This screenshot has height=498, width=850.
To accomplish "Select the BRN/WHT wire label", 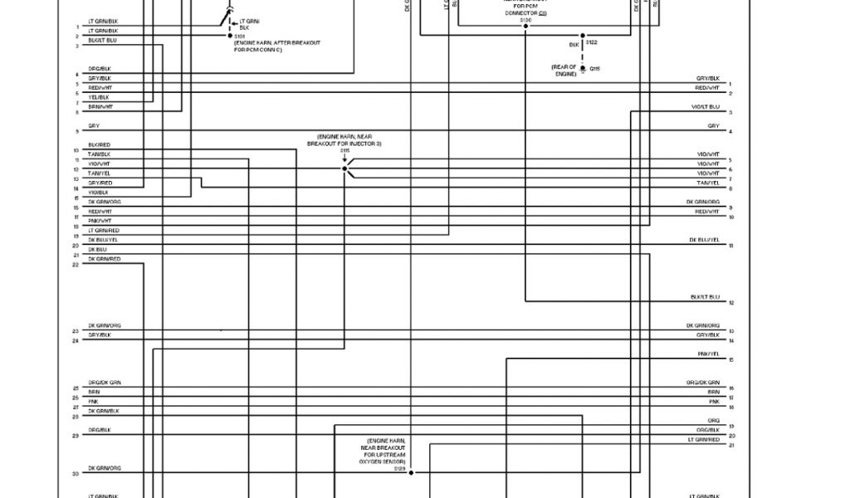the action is (x=100, y=106).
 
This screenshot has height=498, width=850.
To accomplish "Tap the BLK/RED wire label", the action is (x=100, y=145).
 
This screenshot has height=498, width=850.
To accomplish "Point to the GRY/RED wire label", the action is (x=100, y=183).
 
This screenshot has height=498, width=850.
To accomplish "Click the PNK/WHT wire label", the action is (x=100, y=221).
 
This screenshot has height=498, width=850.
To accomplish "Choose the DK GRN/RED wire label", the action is (x=105, y=259).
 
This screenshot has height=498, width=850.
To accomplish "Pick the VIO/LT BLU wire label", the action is (x=706, y=107).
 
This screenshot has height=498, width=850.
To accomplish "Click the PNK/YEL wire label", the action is (x=708, y=354).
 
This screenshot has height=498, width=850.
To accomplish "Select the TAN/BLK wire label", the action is (x=100, y=154).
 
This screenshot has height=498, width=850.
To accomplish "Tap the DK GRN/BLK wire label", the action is (x=104, y=411).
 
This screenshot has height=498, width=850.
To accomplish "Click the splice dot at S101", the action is (x=230, y=37).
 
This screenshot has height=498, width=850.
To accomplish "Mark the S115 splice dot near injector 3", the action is (x=344, y=168).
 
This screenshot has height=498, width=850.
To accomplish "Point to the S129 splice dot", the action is (x=411, y=472).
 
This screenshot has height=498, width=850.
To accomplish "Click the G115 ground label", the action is (x=594, y=68).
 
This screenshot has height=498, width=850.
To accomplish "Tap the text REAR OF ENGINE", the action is (x=565, y=70).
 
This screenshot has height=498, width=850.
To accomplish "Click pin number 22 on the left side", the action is (x=76, y=265).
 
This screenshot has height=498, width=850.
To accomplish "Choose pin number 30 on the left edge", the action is (x=76, y=473).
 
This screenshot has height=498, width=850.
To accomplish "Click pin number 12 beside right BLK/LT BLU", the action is (x=731, y=303).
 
